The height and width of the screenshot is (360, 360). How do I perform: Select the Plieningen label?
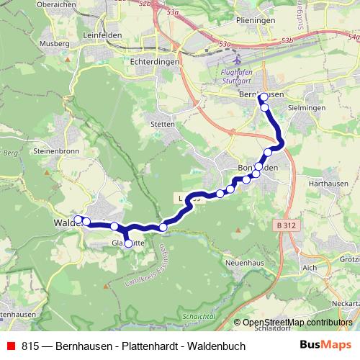(256, 21)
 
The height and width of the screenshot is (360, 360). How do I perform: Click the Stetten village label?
(163, 125)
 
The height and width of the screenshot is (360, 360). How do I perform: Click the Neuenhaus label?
(243, 264)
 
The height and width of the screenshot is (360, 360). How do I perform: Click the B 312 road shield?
(286, 225)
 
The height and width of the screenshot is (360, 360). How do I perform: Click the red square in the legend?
(10, 346)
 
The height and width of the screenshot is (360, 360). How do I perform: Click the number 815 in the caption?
(31, 346)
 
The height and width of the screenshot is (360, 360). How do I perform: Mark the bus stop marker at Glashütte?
(129, 244)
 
